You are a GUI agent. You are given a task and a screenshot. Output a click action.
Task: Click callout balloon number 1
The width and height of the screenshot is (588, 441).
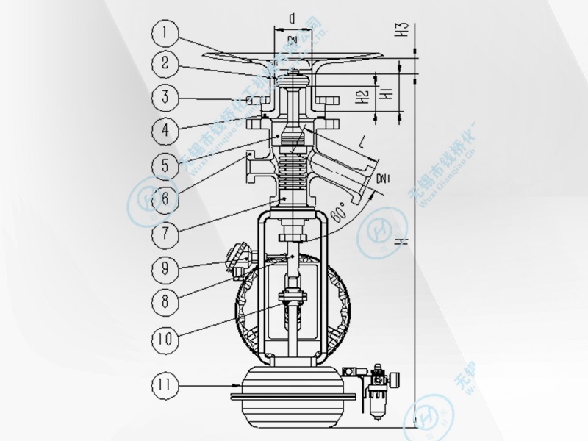point(166,32)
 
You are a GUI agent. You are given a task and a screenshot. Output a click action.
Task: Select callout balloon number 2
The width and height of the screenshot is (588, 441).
point(166,63)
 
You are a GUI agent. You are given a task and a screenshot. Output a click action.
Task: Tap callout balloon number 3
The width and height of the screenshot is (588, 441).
point(166,96)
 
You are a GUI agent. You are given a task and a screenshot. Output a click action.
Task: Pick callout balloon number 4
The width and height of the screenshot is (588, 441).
point(166,130)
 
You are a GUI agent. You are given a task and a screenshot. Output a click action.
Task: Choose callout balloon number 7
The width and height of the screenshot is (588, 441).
point(166,232)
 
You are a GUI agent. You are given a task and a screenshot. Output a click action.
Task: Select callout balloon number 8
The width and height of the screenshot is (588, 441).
point(166,300)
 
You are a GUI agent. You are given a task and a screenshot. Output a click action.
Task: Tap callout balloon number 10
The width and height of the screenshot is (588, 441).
point(166,340)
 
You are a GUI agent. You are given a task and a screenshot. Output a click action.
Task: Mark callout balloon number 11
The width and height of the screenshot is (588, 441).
point(166,384)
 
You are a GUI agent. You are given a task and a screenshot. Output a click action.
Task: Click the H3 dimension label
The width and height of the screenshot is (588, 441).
point(401,30)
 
